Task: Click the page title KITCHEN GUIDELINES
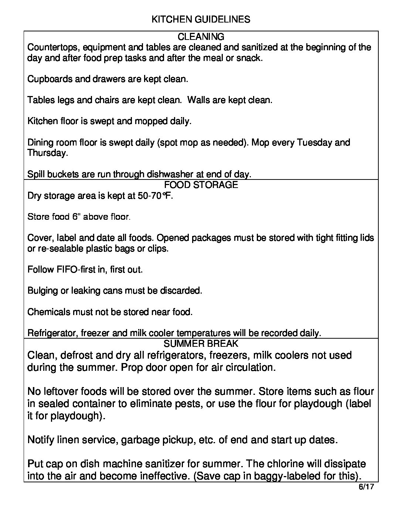coord(201,20)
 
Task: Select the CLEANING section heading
coord(201,37)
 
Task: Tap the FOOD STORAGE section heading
coord(201,185)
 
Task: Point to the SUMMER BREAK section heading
coord(201,343)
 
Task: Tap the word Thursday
coord(47,153)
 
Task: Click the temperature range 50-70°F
coord(155,196)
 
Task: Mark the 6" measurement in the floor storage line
coord(76,217)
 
